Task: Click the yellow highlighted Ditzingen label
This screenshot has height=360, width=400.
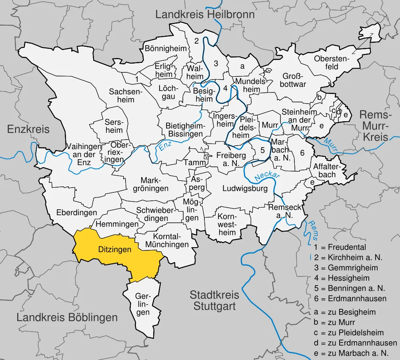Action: pos(114,250)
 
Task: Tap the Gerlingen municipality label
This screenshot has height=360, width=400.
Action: pos(143,304)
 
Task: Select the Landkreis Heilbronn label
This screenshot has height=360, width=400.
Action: pos(205,15)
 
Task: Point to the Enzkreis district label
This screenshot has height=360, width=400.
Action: pos(28,129)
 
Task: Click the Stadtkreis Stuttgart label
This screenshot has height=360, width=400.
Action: pos(214,301)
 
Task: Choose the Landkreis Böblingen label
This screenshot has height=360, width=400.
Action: pos(67,318)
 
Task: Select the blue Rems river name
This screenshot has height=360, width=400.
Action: pos(313,229)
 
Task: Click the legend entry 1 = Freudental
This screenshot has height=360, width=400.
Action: pos(340,247)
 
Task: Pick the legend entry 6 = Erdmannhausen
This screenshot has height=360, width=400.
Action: pos(350,298)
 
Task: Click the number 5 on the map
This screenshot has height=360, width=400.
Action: pos(262,150)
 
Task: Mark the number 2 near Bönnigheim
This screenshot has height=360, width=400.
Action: pos(196,40)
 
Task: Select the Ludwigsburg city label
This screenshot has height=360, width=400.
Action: pos(245,188)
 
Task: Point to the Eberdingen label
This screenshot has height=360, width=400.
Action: pos(77,212)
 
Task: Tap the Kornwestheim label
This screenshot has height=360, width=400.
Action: pos(227,224)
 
